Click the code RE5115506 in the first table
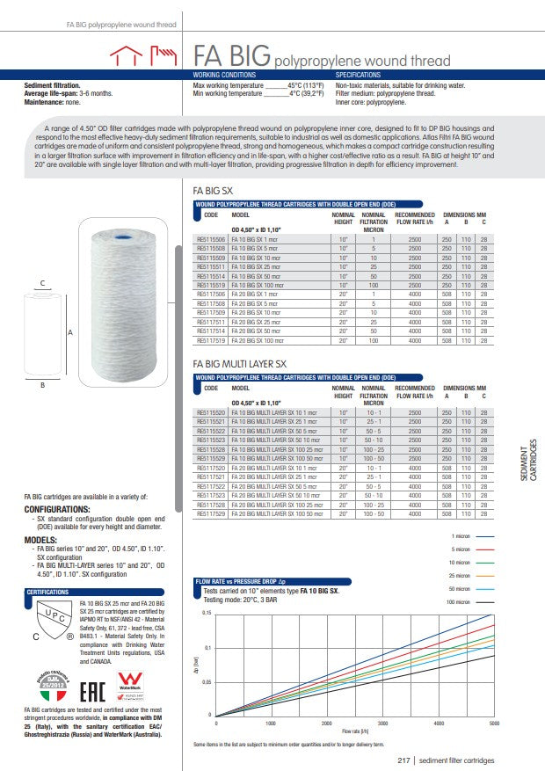click(x=211, y=238)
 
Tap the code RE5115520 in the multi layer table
click(x=211, y=412)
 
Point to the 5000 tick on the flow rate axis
click(x=494, y=723)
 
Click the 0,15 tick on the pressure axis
click(x=207, y=612)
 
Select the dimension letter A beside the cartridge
click(x=70, y=333)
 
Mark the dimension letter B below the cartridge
click(x=42, y=385)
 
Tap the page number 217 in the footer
click(x=404, y=760)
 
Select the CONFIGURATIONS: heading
click(x=57, y=509)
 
